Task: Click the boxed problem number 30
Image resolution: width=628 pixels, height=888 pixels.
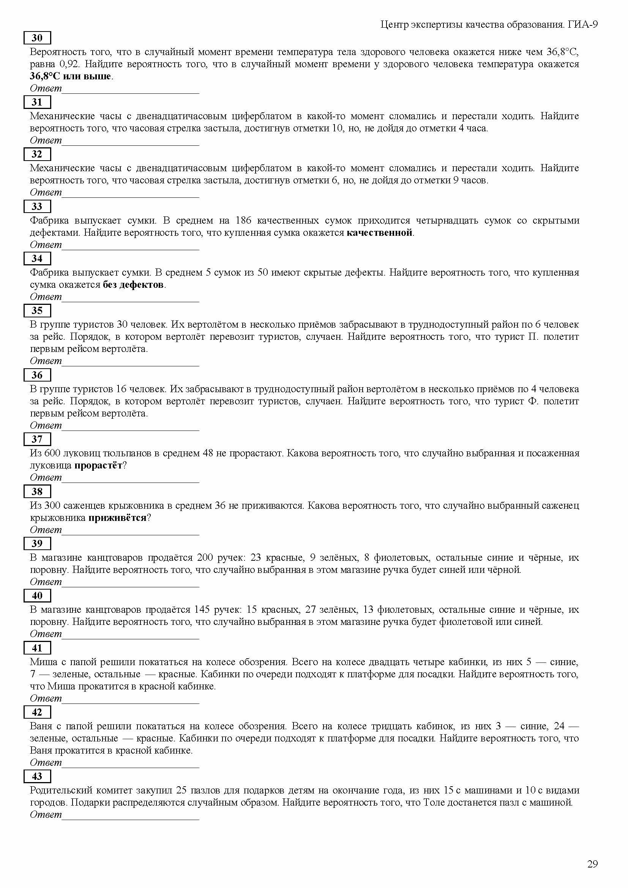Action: (x=37, y=38)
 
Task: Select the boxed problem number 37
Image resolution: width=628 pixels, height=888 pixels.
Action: (x=37, y=439)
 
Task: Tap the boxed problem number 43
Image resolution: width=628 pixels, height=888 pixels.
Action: (x=37, y=776)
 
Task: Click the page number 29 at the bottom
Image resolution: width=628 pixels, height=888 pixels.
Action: (x=592, y=863)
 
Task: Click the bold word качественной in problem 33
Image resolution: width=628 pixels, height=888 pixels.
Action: (x=379, y=233)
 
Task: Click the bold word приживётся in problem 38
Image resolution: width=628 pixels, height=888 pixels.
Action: (x=118, y=518)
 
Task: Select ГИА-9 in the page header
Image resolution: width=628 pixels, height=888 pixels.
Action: (x=583, y=25)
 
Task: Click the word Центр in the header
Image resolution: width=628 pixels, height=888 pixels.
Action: (x=394, y=25)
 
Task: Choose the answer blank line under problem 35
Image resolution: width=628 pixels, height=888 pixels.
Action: (x=130, y=365)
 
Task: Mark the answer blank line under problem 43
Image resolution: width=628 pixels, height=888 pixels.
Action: (x=130, y=819)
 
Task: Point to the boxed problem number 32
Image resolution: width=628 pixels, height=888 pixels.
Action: (x=37, y=154)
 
